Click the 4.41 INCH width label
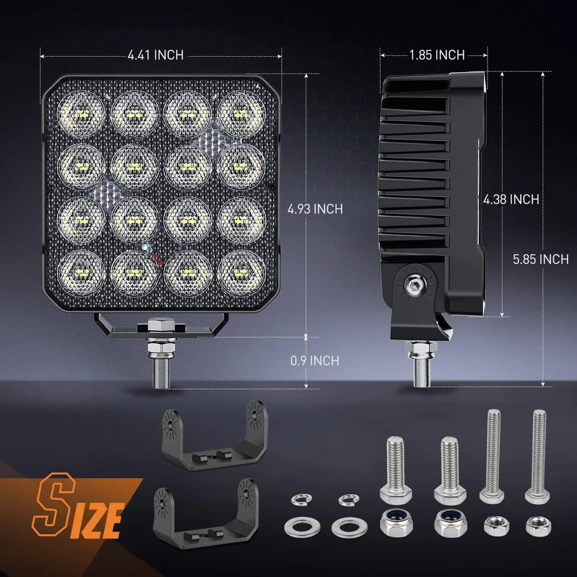(x=155, y=55)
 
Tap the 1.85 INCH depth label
(x=436, y=55)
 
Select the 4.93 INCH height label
(x=315, y=209)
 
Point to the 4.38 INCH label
(x=511, y=199)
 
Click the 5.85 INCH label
(x=541, y=259)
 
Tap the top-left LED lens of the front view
(x=80, y=114)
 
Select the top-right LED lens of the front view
(x=241, y=114)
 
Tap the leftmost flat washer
(x=297, y=527)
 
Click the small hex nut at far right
(x=538, y=526)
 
